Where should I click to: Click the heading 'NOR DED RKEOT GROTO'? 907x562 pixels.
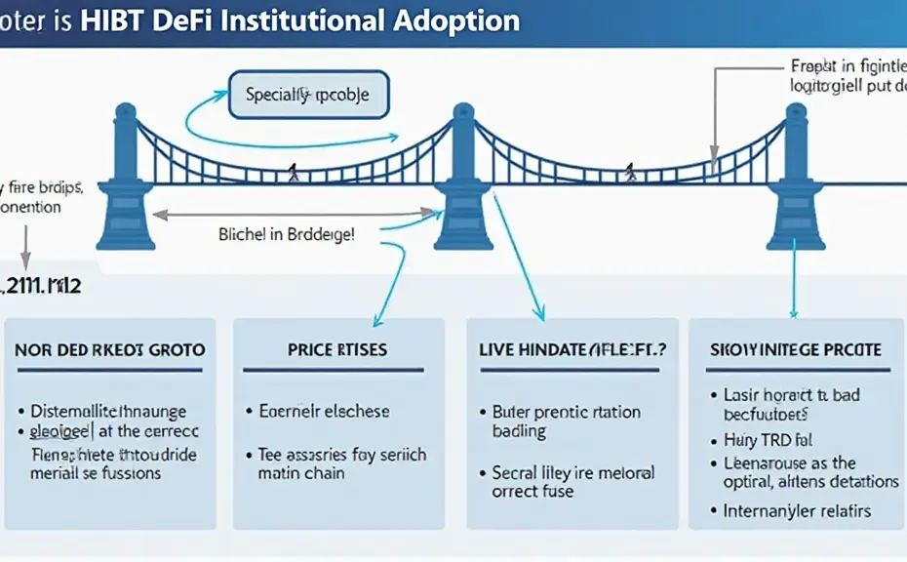(110, 349)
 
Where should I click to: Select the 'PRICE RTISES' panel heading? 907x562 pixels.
(337, 349)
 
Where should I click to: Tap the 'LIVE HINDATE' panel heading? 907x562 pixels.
(573, 349)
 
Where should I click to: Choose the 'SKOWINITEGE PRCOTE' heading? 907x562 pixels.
(797, 349)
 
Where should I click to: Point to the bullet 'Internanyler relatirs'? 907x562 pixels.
(797, 510)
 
